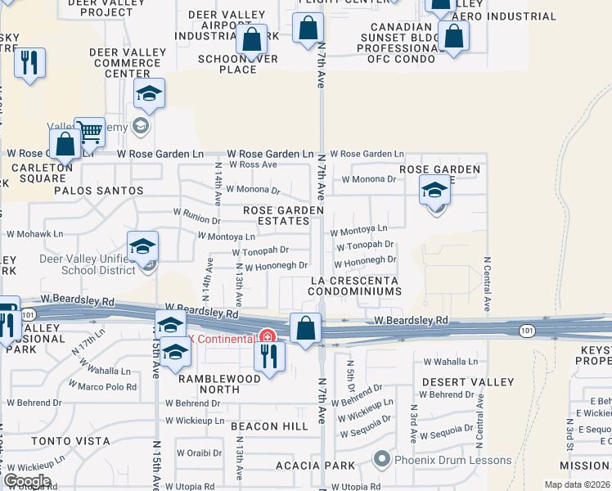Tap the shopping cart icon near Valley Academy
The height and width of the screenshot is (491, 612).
tap(89, 131)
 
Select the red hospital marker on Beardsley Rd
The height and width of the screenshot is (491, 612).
tap(267, 337)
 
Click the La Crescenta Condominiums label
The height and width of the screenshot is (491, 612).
tap(355, 286)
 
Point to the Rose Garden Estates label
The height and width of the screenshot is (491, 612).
tap(284, 215)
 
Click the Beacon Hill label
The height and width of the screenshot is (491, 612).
tap(269, 426)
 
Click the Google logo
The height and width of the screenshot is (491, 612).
tap(27, 481)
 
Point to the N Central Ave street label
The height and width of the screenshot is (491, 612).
tap(487, 285)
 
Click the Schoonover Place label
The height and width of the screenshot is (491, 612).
tap(238, 64)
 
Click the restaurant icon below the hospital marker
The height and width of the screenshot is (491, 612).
tap(268, 356)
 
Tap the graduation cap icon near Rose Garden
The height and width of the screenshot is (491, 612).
tap(434, 191)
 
